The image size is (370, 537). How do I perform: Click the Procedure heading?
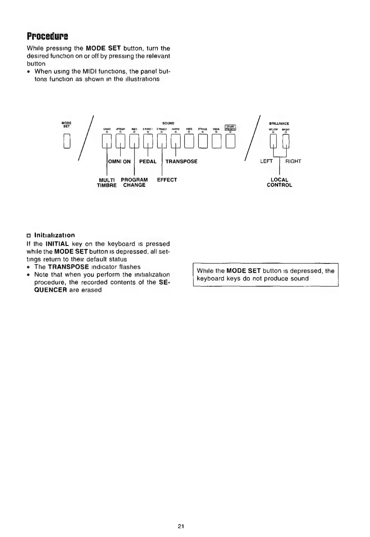point(47,36)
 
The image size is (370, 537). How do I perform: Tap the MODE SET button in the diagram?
point(67,141)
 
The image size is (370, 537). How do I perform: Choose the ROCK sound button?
point(134,141)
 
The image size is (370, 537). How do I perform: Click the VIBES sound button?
point(189,141)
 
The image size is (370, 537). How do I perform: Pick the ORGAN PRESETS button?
point(231,141)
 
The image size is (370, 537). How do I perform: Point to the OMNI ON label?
point(119,161)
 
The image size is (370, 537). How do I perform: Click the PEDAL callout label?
point(148,161)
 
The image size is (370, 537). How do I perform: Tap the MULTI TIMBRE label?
point(107,183)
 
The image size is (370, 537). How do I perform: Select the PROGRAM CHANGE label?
point(134,183)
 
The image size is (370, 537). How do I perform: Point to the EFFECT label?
point(167,180)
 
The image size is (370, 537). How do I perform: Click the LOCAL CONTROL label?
point(279,183)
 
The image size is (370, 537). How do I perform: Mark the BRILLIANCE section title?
point(279,124)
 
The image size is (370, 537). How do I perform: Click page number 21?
point(181,526)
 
